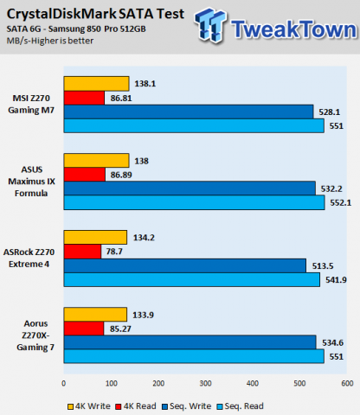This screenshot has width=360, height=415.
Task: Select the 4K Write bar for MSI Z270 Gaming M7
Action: [96, 84]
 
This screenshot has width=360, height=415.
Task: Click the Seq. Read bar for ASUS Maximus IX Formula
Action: [195, 201]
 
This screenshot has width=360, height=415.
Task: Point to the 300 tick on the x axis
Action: [205, 383]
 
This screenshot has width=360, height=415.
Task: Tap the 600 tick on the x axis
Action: [346, 383]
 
